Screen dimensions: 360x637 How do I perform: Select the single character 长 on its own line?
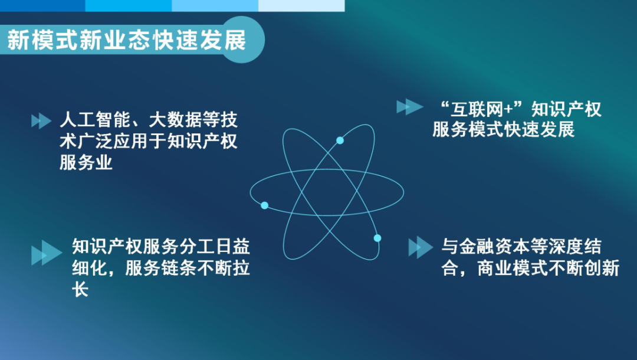tap(80, 290)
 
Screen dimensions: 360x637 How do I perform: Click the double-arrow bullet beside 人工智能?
tap(41, 122)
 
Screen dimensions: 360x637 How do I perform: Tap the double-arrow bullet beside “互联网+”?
tap(409, 107)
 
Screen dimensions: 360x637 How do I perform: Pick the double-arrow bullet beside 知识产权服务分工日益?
tap(46, 253)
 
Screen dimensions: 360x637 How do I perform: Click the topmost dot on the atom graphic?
tap(340, 140)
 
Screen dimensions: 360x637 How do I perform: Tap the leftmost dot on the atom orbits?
tap(264, 205)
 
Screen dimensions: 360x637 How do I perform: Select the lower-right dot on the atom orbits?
tap(377, 238)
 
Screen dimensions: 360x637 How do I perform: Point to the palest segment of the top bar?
tap(301, 5)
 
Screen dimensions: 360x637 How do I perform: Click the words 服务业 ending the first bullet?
tap(86, 162)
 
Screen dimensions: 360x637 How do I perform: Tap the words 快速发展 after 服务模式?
tap(540, 129)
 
